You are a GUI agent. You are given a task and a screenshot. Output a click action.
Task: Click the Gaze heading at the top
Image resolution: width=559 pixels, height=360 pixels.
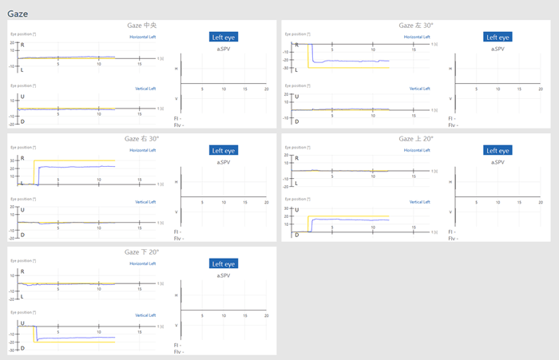pos(18,13)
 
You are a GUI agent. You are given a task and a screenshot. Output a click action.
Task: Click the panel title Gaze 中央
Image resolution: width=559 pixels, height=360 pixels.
pos(141,26)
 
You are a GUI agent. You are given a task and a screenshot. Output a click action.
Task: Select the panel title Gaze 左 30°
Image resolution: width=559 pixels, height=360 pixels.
pos(416,26)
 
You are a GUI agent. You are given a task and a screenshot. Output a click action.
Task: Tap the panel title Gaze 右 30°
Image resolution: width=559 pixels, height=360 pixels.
pos(141,139)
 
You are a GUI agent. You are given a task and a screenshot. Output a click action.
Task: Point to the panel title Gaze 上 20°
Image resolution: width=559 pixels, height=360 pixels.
pos(416,139)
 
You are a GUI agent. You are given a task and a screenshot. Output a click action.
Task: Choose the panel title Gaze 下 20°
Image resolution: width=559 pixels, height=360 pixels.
pos(141,252)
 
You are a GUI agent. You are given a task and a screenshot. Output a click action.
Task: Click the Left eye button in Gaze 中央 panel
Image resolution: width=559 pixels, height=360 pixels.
pos(224,37)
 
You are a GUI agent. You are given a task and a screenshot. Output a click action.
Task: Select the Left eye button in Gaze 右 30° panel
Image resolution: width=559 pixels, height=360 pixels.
pos(224,150)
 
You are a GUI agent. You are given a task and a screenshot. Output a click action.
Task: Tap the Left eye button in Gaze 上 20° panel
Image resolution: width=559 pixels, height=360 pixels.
pos(498,150)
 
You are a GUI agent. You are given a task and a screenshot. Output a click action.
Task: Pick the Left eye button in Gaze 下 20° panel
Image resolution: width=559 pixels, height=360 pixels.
pos(224,263)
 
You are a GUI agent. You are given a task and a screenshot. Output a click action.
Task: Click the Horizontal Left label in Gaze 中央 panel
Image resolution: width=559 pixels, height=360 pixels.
pos(143,37)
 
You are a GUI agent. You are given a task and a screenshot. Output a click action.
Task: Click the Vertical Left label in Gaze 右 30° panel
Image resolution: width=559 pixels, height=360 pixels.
pos(145,202)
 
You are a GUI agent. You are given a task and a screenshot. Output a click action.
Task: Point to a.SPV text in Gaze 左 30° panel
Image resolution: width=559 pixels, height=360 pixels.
pos(498,49)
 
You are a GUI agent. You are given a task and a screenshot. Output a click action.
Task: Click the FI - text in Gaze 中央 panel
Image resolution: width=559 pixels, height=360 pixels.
pos(178,118)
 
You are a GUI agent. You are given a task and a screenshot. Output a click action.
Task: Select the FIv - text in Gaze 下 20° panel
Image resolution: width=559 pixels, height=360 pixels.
pos(179,351)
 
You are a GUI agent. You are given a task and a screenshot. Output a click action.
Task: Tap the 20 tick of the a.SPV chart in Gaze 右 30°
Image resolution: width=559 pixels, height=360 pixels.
pos(267,203)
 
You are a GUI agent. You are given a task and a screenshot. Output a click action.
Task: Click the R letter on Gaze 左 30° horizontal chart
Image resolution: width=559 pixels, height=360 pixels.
pos(297,45)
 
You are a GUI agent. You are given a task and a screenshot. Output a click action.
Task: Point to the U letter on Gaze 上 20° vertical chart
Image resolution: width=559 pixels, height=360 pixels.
pos(297,210)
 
